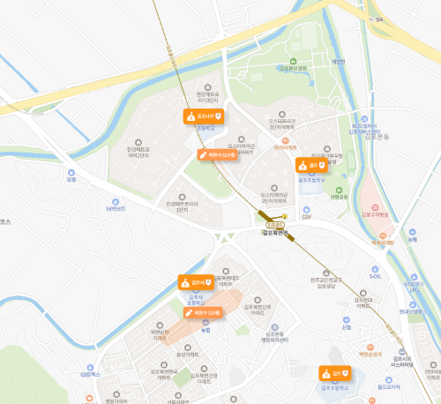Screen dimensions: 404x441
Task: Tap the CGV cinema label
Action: click(x=307, y=214)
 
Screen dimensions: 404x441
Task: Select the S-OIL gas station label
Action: click(x=375, y=276)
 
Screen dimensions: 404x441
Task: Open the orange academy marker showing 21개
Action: click(x=203, y=312)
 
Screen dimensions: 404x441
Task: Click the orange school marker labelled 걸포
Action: click(x=311, y=164)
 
